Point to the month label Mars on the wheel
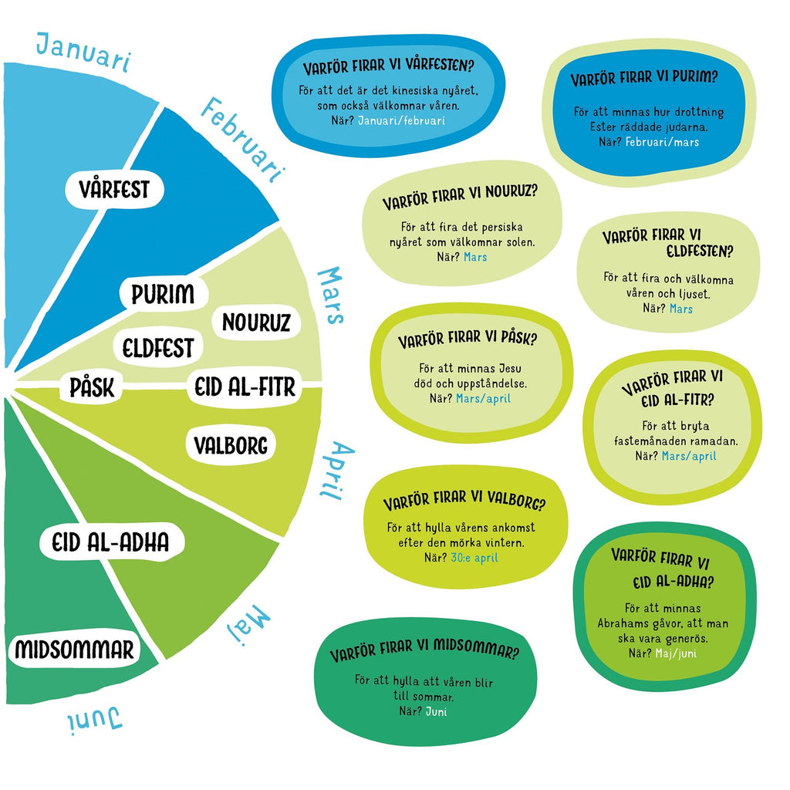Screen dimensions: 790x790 pos(330,295)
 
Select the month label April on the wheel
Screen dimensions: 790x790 pos(336,471)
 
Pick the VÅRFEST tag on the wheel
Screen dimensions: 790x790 pos(113,188)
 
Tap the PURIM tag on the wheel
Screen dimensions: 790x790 pos(162,295)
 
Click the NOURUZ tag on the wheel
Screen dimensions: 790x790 pos(256,322)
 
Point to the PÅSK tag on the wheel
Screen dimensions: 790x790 pos(92,387)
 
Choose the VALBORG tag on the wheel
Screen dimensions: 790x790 pos(231,445)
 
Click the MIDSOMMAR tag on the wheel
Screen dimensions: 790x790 pos(74,649)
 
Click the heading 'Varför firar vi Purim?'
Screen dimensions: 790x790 pos(644,79)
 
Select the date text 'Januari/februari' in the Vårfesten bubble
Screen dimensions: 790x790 pos(402,120)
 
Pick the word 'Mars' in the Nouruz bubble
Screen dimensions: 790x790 pos(475,256)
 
